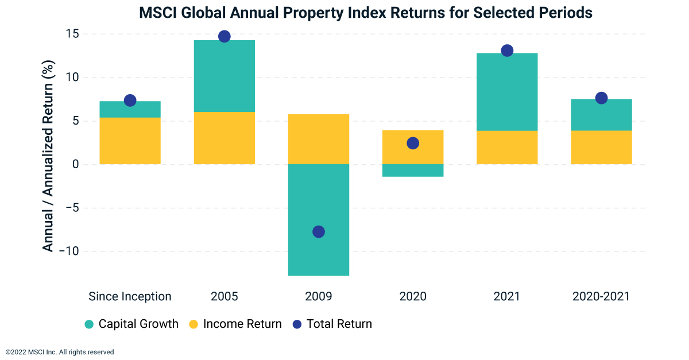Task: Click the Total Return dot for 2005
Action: coord(224,36)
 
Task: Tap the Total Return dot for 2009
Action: coord(319,231)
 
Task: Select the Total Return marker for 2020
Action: coord(413,143)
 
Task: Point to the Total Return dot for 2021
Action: coord(507,51)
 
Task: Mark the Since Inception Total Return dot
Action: coord(130,100)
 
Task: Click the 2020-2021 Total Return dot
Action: coord(601,98)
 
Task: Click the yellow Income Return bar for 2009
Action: coord(319,139)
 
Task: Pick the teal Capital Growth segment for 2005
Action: coord(224,76)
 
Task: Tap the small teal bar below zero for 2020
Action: coord(413,170)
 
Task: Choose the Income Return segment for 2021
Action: coord(507,148)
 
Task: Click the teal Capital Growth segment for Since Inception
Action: coord(130,110)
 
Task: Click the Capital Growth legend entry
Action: coord(131,324)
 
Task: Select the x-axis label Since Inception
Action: coord(130,296)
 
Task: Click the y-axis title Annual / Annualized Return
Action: coord(48,158)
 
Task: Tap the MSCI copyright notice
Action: coord(60,352)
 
